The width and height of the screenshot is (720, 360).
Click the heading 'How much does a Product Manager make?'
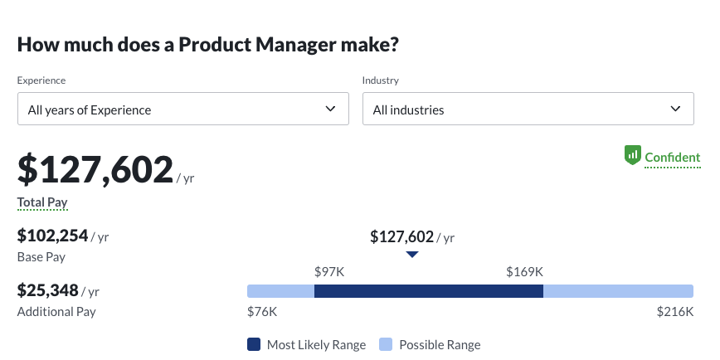pos(207,45)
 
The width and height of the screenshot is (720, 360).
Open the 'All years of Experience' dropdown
pos(182,109)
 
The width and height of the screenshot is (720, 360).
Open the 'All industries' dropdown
pos(528,109)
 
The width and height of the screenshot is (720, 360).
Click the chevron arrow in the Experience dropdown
pos(331,109)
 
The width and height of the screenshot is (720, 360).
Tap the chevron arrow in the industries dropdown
pos(675,109)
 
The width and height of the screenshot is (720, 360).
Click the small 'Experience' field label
pos(41,80)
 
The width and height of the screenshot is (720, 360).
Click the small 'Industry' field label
pos(381,80)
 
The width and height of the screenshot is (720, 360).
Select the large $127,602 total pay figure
pos(95,170)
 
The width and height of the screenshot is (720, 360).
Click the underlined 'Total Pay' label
pos(42,202)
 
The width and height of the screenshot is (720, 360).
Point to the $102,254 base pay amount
pos(53,236)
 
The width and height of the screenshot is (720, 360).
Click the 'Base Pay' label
pos(41,257)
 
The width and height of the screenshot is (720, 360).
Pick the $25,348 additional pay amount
pos(48,290)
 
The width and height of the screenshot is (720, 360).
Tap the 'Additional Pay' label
pos(56,312)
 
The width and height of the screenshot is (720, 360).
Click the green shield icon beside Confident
pos(632,155)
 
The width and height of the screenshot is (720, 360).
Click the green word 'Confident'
pos(673,158)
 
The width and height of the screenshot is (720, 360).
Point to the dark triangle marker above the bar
pos(412,255)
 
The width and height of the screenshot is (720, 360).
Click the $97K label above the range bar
pos(328,271)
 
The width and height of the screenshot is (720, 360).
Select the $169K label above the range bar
pos(524,271)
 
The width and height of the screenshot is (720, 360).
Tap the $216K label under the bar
pos(674,312)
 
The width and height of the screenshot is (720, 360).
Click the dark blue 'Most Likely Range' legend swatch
pos(254,344)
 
